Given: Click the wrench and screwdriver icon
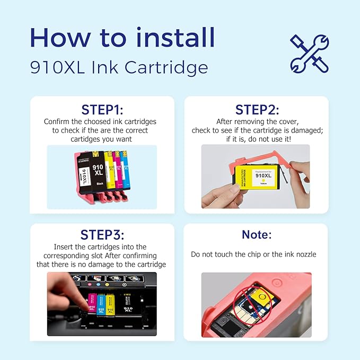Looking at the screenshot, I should click(309, 54).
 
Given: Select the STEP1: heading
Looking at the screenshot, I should click(102, 110).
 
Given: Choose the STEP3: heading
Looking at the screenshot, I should click(102, 235).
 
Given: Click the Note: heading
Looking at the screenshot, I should click(257, 235).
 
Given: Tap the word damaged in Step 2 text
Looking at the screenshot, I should click(306, 130).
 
